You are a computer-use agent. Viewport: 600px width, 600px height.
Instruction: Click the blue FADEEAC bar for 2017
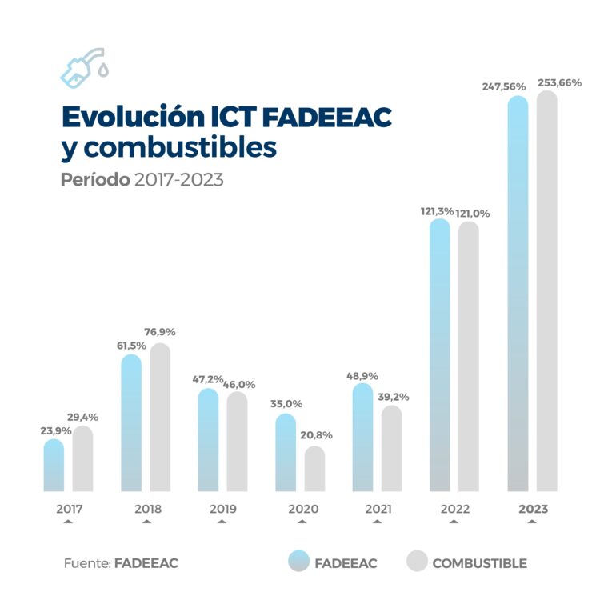[x=54, y=466]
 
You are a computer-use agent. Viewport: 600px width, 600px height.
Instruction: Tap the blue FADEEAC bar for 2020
[x=286, y=453]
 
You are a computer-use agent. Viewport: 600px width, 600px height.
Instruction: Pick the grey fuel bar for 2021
[x=391, y=449]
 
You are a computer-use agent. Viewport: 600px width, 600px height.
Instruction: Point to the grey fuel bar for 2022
[x=469, y=356]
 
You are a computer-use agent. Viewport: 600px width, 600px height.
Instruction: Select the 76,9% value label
[x=159, y=332]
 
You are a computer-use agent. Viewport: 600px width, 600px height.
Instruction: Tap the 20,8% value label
[x=316, y=435]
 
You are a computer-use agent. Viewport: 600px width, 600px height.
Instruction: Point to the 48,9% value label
[x=362, y=375]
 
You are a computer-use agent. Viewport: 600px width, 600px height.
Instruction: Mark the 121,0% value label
[x=473, y=214]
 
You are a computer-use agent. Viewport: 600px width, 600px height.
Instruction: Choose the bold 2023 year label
[x=533, y=509]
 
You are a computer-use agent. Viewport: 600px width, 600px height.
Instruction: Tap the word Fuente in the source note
[x=86, y=563]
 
